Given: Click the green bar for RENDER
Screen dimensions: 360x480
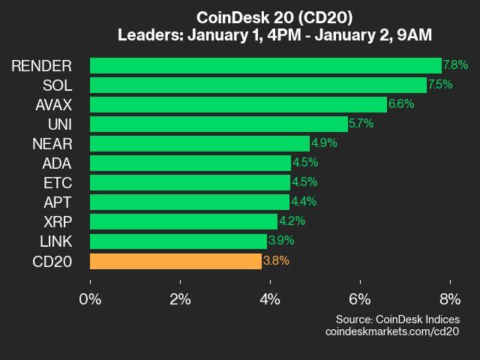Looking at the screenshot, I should pos(265,65).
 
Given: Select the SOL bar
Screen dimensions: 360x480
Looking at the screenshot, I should pos(258,85).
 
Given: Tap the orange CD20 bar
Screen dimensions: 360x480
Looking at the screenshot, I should pos(175,261).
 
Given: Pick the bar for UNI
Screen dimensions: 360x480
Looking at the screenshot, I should pos(218,124).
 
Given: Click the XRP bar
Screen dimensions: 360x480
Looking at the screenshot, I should pos(184,221).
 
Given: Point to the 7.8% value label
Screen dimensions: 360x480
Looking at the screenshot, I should pos(455,65).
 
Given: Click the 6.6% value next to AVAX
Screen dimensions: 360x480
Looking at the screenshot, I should pos(400,104).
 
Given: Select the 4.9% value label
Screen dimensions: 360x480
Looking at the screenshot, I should pos(324,143).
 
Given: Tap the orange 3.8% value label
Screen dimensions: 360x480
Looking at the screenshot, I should pos(276,261).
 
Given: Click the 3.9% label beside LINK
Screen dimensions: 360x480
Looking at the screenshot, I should pos(280,241).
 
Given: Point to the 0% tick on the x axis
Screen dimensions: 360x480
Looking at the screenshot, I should pos(90,298).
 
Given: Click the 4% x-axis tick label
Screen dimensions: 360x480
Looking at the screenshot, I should pos(270,298).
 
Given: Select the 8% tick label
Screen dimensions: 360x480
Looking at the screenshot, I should pos(449,298).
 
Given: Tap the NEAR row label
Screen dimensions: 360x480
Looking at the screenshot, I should pos(53,143).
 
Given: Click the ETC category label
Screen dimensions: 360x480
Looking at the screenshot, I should pos(58,182).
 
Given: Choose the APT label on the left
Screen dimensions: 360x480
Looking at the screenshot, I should pos(58,202).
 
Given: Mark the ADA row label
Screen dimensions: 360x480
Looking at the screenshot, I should pos(58,163).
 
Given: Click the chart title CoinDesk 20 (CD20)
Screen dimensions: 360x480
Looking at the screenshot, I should pos(274,17).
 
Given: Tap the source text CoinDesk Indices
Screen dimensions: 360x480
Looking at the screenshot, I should pos(397,319).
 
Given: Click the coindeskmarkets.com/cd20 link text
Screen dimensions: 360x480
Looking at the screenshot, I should pos(391,331).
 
